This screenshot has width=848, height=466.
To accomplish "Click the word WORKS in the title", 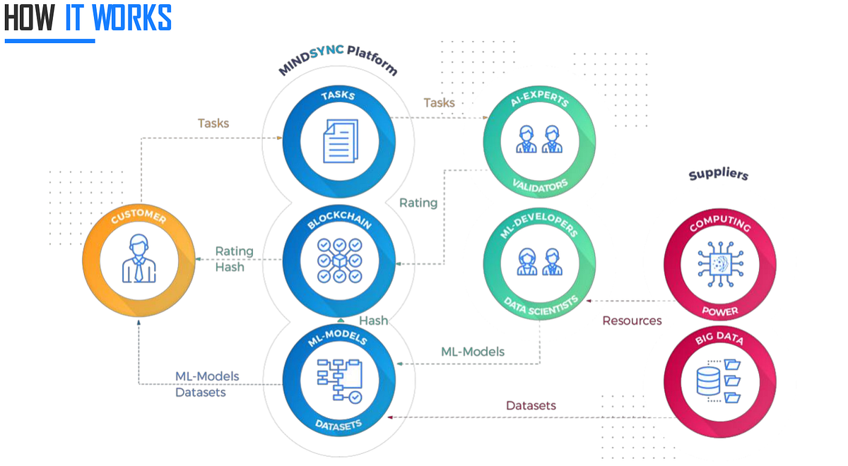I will point(132,18).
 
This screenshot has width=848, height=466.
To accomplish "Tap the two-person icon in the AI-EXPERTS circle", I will point(538,139).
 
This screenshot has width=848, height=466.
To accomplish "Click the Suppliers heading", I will point(718,174).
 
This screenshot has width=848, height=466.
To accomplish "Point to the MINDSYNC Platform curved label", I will point(338,65).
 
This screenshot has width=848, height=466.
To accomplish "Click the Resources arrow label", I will point(632,321).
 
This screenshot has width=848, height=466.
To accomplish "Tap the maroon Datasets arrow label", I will point(531,405).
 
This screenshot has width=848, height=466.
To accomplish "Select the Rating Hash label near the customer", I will point(233,259).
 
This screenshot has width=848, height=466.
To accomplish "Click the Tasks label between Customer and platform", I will point(213,123).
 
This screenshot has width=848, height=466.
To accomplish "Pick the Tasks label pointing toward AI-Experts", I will point(439,103).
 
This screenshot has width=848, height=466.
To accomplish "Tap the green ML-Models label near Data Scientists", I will point(473,352).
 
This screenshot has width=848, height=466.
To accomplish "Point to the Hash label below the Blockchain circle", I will point(373,321).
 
